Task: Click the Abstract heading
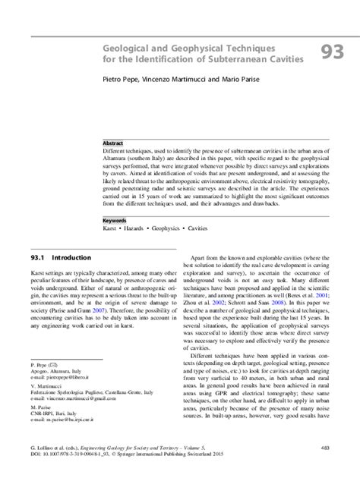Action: click(115, 142)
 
